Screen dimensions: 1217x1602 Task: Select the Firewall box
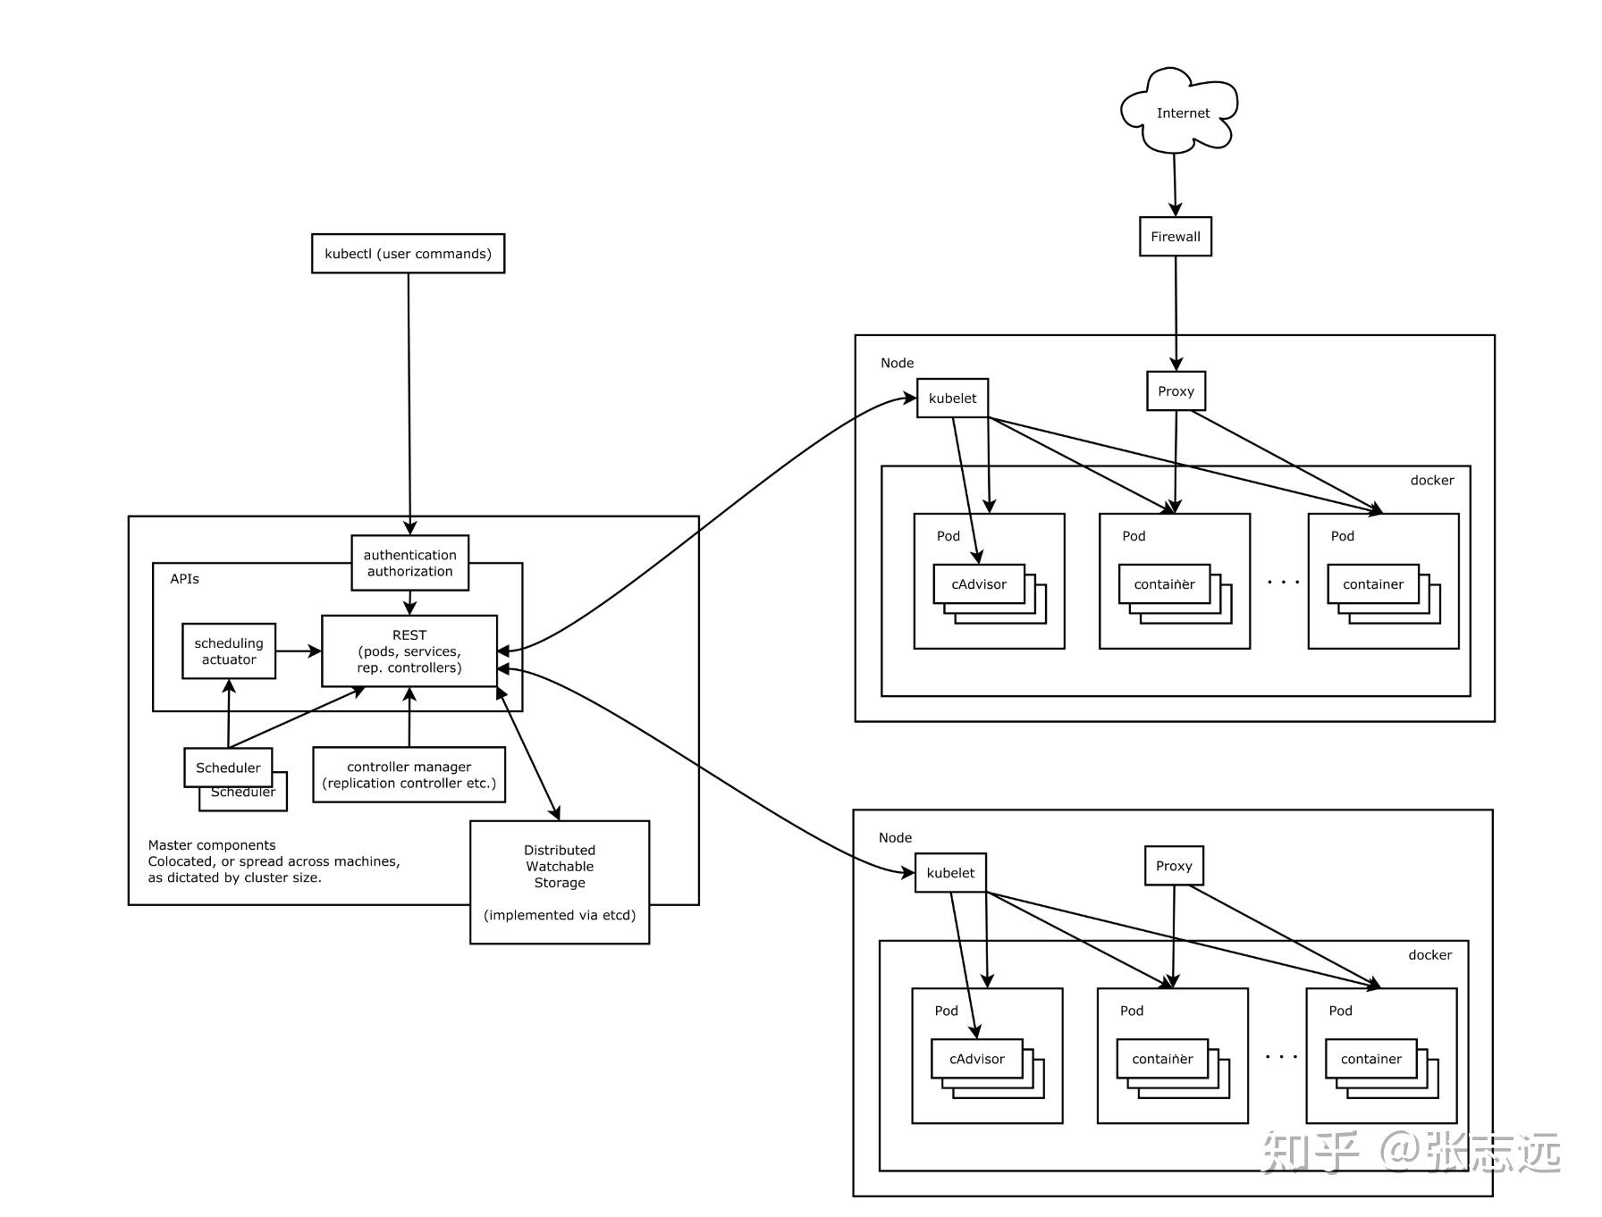[1175, 237]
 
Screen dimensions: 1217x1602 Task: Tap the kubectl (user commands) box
[408, 254]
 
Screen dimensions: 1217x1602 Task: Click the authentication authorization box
[409, 563]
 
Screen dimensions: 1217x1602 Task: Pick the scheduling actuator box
[229, 651]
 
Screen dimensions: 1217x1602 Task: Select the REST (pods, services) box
[409, 651]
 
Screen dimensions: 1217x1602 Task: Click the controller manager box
[409, 775]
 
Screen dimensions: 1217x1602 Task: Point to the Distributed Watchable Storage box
[559, 881]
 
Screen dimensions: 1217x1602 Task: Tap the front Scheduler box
[228, 768]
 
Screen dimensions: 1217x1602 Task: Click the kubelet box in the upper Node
[952, 399]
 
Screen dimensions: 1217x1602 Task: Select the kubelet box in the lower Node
[950, 873]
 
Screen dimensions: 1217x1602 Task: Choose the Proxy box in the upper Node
[1176, 391]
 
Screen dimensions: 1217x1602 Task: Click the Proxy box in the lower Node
[1173, 866]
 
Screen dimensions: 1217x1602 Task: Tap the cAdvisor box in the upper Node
[978, 584]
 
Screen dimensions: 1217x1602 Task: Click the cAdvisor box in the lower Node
[976, 1059]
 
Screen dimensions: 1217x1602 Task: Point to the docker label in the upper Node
[1431, 481]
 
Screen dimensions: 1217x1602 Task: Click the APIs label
[184, 579]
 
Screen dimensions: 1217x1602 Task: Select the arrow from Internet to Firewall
[1175, 185]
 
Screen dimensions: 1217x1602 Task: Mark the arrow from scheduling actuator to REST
[298, 651]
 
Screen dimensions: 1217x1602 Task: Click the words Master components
[212, 845]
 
